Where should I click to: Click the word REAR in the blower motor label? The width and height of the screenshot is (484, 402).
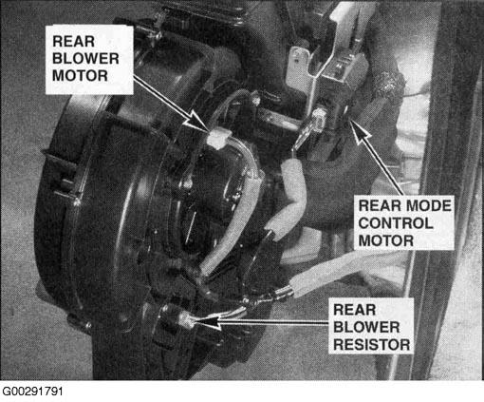click(73, 42)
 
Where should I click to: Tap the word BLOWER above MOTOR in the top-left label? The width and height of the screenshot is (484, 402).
click(85, 59)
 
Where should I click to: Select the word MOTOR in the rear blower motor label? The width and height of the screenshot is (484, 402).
click(80, 76)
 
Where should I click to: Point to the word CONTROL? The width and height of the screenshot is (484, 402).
click(396, 223)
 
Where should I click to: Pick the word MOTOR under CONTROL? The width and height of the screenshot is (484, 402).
click(386, 240)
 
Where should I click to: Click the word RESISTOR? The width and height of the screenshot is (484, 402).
click(372, 345)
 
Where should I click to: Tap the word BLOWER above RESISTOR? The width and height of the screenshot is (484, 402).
click(366, 327)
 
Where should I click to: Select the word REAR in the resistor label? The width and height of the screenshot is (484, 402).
click(354, 310)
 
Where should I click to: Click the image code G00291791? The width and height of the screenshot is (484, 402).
click(32, 392)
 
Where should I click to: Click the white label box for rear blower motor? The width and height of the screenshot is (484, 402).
click(89, 60)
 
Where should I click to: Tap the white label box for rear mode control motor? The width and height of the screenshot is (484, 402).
click(403, 223)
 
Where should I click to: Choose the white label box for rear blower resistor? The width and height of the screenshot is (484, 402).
click(371, 326)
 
